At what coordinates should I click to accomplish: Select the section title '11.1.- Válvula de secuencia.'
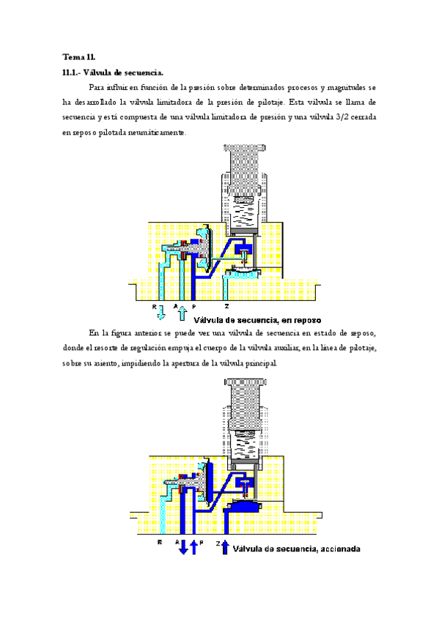coord(113,72)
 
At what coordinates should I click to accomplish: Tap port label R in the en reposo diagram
coord(155,308)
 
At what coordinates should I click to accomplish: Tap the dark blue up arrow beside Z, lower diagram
coord(226,546)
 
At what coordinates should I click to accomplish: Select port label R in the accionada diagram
coord(159,543)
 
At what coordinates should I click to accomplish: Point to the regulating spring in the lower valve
coord(244,444)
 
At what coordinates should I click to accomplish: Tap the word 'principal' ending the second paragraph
coord(258,364)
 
